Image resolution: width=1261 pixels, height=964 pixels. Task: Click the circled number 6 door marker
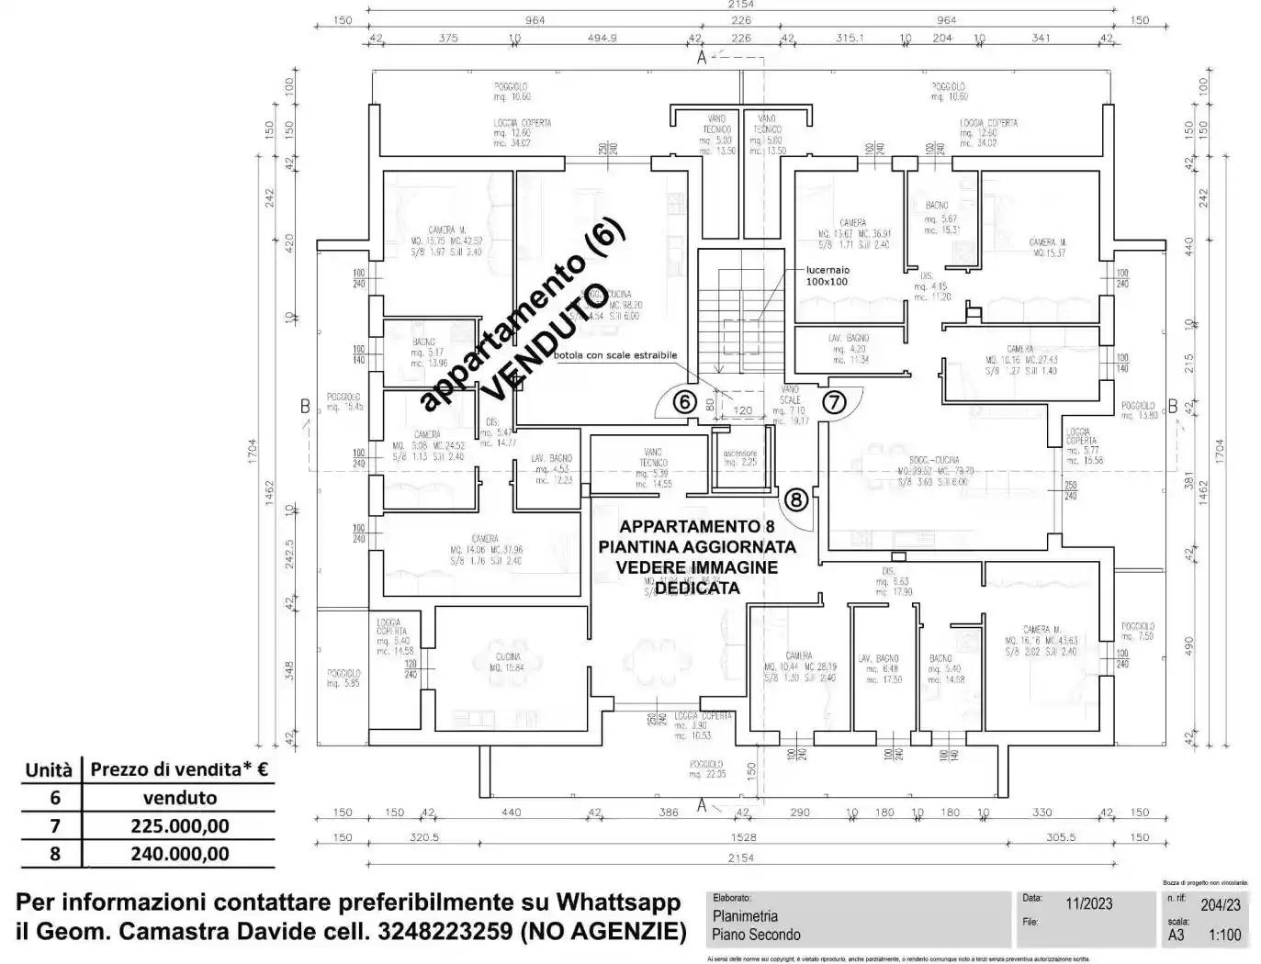point(683,402)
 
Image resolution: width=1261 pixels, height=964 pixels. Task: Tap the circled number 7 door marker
point(833,402)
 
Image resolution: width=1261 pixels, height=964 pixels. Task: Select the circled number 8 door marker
point(795,499)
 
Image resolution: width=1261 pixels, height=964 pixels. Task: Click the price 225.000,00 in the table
point(180,825)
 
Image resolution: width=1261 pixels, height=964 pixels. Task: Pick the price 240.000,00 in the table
point(180,853)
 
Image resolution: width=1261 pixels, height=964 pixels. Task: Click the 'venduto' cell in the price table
point(180,798)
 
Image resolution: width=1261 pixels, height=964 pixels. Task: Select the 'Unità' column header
point(49,770)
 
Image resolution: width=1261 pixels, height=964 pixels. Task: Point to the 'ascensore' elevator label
point(740,454)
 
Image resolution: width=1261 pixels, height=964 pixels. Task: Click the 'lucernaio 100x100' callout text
point(828,275)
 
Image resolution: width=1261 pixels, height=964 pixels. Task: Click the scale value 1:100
point(1224,935)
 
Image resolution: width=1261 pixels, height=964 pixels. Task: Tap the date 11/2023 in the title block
point(1088,903)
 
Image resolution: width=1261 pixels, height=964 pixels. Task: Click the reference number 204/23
point(1220,904)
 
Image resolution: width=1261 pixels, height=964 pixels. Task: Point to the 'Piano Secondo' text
point(756,935)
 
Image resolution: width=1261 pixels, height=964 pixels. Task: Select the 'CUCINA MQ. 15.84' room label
point(508,662)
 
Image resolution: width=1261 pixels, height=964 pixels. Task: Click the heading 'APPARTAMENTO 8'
point(697,526)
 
